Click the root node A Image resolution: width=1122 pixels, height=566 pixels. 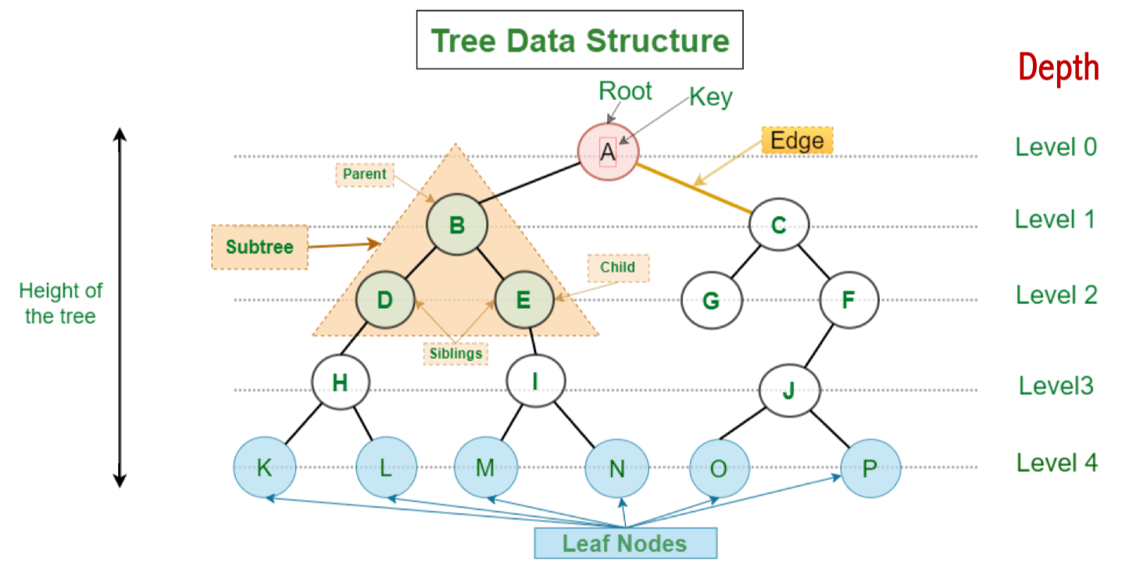pos(608,152)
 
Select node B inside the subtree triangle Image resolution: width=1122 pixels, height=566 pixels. pos(457,226)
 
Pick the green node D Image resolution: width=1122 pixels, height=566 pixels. pos(384,299)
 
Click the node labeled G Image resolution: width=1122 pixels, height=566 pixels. pos(710,299)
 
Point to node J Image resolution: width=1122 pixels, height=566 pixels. pos(789,389)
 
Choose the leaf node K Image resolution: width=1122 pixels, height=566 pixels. pos(264,467)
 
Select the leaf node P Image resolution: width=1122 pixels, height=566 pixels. pos(870,467)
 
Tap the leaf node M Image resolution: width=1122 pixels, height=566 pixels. pos(485,467)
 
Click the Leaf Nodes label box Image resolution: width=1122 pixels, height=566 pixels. pos(625,543)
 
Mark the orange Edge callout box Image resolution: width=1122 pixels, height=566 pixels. pos(797,141)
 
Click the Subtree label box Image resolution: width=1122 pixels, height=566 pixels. pos(259,247)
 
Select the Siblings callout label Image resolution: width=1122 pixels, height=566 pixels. pos(456,353)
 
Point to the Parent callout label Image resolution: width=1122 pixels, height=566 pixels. pos(365,174)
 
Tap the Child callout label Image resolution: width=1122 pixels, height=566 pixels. pos(617,267)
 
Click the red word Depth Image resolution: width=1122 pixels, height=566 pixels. pos(1059,69)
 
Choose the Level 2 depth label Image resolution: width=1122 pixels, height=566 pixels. pos(1056,295)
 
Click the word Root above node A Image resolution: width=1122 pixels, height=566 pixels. pos(625,91)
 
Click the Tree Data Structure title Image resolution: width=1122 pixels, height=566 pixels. pos(580,40)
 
